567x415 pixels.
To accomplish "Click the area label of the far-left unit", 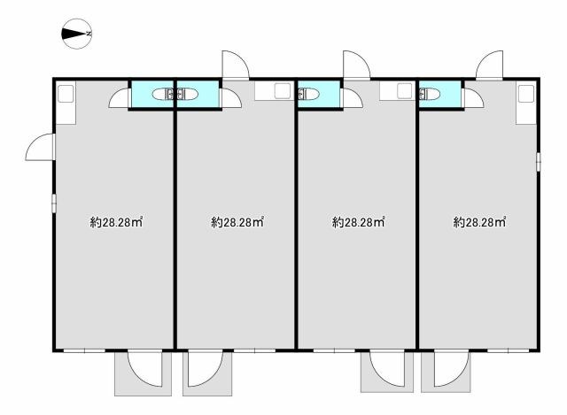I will pos(116,223).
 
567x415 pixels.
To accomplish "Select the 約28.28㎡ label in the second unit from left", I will pos(237,223).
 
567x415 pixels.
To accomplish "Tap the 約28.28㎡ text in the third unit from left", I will pos(358,223).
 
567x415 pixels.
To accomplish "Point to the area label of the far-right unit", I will pos(479,223).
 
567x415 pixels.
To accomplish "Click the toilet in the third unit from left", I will pos(310,94).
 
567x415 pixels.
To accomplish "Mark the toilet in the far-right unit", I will pos(431,94).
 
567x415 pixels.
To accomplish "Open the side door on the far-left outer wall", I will pos(42,148).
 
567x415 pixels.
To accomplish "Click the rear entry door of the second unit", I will pos(235,65).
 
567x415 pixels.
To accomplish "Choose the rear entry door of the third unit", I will pos(356,65).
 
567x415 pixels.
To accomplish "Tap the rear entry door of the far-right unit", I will pos(490,65).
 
